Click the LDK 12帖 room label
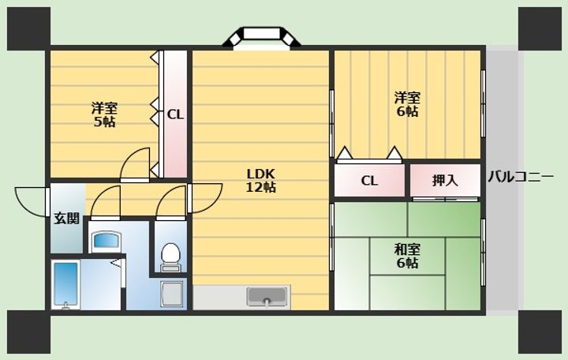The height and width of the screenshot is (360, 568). (261, 181)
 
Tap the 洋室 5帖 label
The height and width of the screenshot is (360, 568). (104, 115)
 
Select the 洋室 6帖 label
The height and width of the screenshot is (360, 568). (408, 105)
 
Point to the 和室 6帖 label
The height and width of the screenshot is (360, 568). (408, 257)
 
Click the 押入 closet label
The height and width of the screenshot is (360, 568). (445, 180)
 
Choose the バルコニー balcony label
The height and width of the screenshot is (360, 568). (521, 178)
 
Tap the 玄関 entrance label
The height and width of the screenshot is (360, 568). (66, 218)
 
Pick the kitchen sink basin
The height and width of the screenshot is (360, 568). (267, 297)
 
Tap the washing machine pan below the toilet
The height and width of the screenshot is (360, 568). (172, 294)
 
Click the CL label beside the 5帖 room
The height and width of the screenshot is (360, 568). (175, 115)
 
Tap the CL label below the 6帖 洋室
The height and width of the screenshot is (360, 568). (369, 180)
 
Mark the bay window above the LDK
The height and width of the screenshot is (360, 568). (262, 37)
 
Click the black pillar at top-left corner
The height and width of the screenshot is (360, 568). (28, 28)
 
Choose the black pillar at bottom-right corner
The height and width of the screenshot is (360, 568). (540, 332)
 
